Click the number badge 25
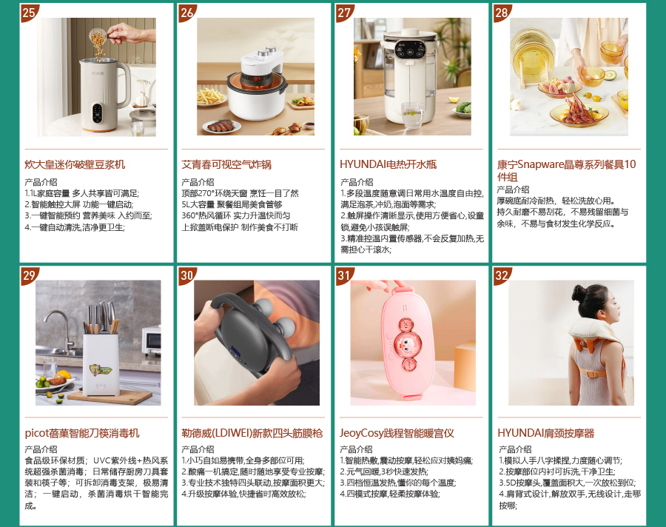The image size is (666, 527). (x=29, y=13)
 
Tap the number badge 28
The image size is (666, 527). (x=502, y=13)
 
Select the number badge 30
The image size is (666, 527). (x=186, y=275)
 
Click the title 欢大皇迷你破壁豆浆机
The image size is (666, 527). (x=75, y=164)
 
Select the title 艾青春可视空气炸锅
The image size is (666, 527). (x=226, y=164)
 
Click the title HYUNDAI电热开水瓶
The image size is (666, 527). (x=388, y=164)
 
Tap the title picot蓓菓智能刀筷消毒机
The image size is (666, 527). (x=82, y=433)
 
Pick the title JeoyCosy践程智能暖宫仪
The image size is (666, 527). (x=397, y=433)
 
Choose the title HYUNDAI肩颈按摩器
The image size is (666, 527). (x=546, y=433)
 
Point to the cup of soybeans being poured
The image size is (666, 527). (x=97, y=38)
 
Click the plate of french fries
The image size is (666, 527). (x=211, y=96)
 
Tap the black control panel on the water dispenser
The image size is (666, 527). (x=409, y=49)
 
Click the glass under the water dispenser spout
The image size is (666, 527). (x=412, y=115)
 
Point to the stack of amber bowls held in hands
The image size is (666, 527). (x=612, y=51)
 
